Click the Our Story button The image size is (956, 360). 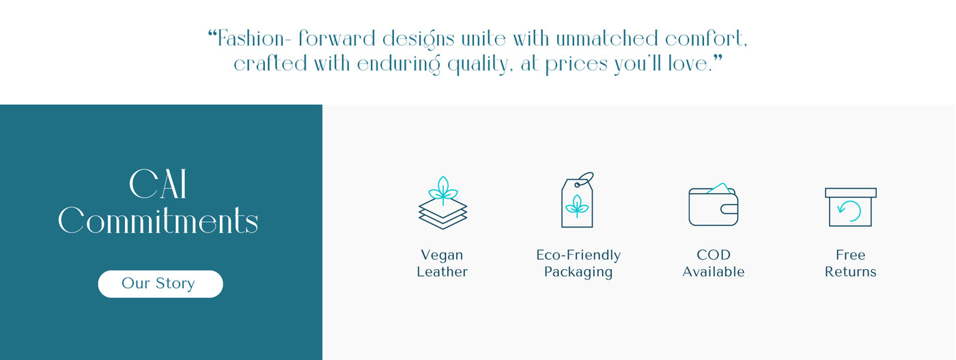click(x=160, y=283)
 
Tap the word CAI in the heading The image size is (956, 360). click(x=158, y=184)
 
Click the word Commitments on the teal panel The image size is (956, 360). click(x=158, y=221)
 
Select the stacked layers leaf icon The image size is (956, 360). click(x=442, y=202)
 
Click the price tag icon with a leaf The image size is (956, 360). click(x=578, y=199)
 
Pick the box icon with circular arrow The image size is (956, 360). click(x=851, y=207)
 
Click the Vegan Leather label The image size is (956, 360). click(x=442, y=263)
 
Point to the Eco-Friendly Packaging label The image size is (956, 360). click(x=578, y=263)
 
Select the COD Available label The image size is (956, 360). click(x=713, y=263)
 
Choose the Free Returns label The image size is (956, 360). click(x=850, y=263)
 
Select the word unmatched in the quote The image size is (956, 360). click(x=607, y=38)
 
